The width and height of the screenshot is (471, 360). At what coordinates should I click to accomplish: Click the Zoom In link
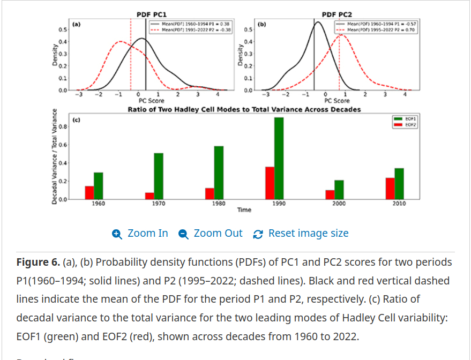tap(140, 234)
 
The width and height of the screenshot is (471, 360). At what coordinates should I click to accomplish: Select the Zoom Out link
tap(211, 234)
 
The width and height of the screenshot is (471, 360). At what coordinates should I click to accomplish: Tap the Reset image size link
tap(301, 234)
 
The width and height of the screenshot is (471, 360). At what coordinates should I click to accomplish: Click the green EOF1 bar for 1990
tap(279, 158)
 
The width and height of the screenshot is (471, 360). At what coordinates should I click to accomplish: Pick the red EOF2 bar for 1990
tap(270, 183)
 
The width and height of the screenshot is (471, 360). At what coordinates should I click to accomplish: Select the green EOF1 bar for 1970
tap(159, 176)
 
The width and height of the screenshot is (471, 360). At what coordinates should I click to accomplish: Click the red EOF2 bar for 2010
tap(390, 188)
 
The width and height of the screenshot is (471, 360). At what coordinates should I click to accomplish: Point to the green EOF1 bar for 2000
tap(339, 189)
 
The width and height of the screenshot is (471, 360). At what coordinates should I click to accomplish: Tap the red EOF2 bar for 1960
tap(89, 192)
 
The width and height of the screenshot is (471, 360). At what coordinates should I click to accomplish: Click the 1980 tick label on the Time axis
tap(219, 204)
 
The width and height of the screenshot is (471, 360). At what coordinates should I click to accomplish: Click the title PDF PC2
tap(337, 15)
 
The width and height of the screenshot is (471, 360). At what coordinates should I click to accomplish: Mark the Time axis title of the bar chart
tap(244, 210)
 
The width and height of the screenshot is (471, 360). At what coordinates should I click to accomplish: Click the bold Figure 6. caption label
tap(38, 262)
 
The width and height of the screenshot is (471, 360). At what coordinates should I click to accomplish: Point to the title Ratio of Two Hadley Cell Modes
tap(244, 109)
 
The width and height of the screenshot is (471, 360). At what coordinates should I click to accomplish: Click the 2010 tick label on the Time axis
tap(399, 204)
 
